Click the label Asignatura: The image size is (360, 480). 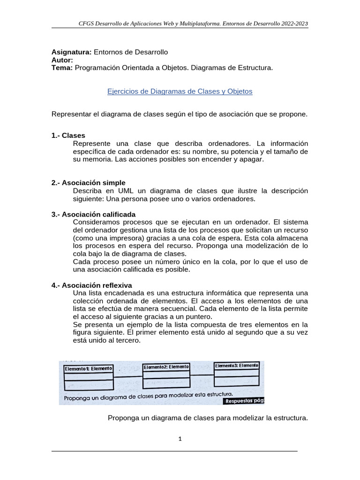coord(71,52)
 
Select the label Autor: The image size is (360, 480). coord(62,60)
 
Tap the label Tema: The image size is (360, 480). coord(62,68)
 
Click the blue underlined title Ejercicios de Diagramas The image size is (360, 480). coord(180,91)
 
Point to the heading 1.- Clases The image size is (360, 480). coord(68,135)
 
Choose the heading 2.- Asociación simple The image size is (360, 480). coord(88,182)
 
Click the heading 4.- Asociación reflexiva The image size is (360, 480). coord(91,285)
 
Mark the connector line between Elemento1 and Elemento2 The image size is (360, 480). coord(127,377)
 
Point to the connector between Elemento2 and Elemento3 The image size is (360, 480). coord(202,375)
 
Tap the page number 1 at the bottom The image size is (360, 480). coord(180,439)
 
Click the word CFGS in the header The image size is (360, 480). coord(86,23)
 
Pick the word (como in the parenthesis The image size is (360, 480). coord(83,238)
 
